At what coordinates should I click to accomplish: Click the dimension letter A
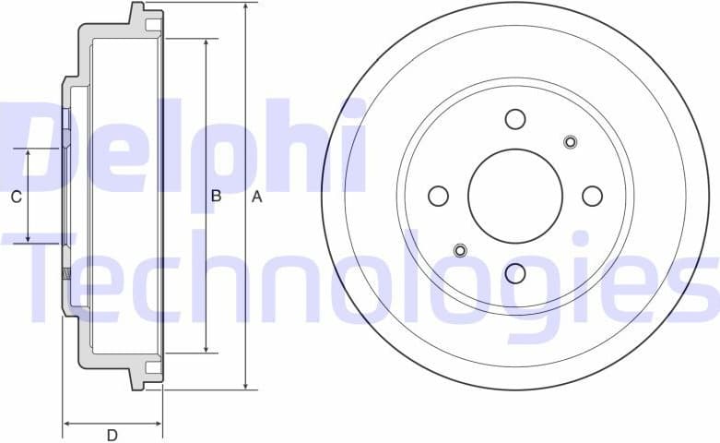258,197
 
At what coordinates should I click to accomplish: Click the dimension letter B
216,196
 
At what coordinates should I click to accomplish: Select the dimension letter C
16,197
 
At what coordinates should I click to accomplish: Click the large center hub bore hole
515,196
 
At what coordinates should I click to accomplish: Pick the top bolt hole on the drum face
515,119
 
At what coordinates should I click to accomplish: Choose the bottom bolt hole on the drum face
515,273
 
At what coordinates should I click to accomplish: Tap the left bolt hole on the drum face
439,196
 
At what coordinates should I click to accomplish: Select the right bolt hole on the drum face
593,196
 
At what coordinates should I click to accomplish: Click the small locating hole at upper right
570,141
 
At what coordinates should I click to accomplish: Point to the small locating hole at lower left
461,250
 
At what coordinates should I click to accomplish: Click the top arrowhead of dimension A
246,8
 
